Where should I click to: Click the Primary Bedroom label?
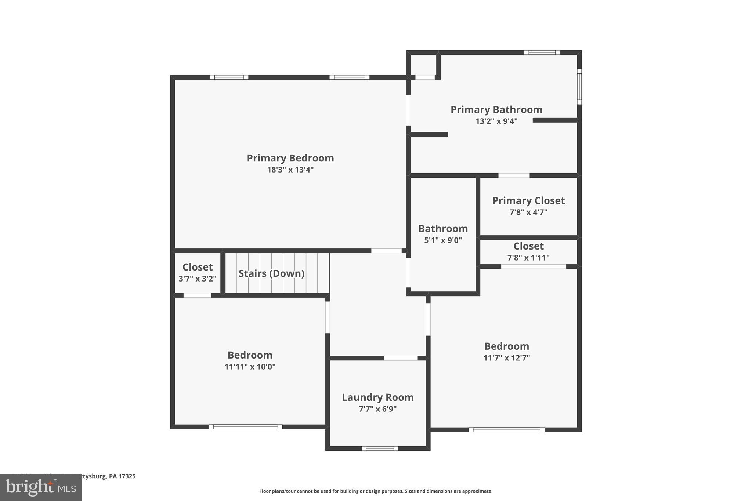290,158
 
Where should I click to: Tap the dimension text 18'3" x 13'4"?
290,170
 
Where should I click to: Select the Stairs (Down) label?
271,273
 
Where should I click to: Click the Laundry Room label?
377,397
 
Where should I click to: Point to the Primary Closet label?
528,201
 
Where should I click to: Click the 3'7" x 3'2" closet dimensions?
198,279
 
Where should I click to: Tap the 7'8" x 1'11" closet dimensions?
528,258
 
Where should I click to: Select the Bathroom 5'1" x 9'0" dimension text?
443,240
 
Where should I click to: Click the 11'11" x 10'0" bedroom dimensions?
250,367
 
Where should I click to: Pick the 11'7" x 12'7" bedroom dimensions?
506,358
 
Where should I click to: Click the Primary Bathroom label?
496,110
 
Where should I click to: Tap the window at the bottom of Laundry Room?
380,448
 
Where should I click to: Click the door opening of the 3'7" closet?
197,295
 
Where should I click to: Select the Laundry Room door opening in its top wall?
401,358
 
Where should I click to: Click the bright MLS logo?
41,487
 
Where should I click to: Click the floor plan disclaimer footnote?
376,491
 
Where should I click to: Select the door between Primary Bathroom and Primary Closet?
514,175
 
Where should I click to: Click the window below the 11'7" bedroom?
506,430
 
